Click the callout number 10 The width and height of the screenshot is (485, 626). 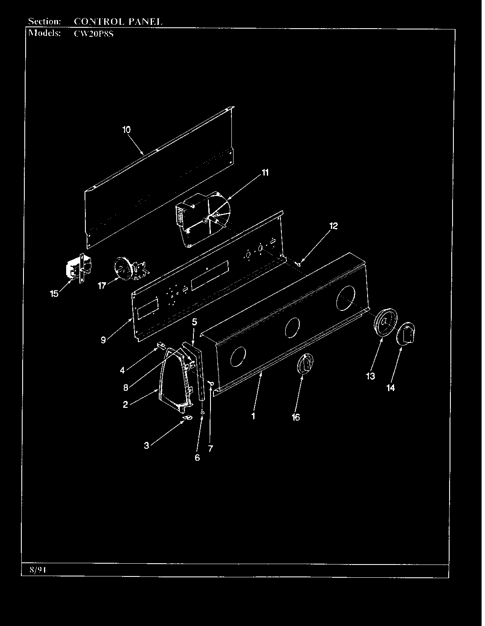126,130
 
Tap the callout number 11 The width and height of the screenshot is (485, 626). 265,173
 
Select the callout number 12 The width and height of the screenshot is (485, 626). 333,226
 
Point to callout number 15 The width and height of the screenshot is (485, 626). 54,293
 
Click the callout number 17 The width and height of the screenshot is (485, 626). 102,286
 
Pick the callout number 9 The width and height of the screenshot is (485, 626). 103,340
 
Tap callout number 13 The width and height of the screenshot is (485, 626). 371,376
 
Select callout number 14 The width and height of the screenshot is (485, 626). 391,388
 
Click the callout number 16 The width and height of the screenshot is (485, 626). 296,417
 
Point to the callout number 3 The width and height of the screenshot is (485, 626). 146,445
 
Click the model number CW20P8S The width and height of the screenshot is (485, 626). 93,34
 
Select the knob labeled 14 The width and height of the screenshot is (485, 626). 406,333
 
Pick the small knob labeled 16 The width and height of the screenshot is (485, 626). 305,364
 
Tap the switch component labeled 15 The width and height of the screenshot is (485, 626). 79,268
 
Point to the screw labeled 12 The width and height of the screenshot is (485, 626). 298,263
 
